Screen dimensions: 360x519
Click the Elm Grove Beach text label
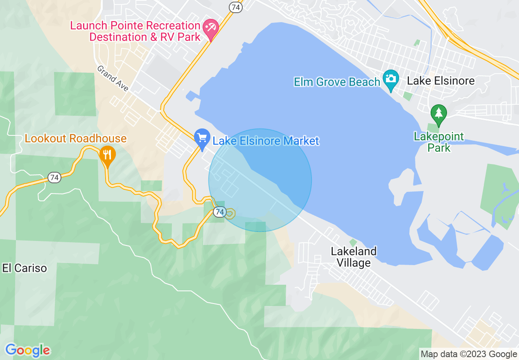(337, 82)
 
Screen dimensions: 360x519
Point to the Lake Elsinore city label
(441, 81)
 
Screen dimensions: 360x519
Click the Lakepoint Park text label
(439, 142)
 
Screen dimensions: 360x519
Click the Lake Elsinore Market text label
(266, 142)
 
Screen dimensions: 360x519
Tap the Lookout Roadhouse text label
(76, 138)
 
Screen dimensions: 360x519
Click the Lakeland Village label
(354, 257)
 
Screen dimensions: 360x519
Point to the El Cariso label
(25, 268)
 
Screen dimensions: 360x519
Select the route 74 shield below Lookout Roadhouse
(54, 178)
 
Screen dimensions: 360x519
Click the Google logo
(28, 350)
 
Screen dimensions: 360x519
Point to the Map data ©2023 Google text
(469, 354)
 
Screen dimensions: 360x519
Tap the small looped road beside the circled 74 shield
(230, 214)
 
